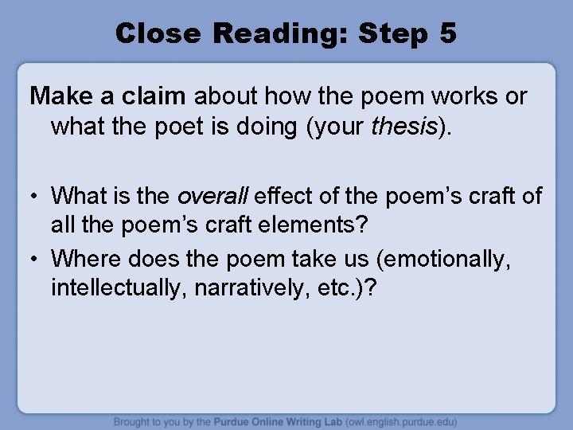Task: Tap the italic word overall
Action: pos(211,196)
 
